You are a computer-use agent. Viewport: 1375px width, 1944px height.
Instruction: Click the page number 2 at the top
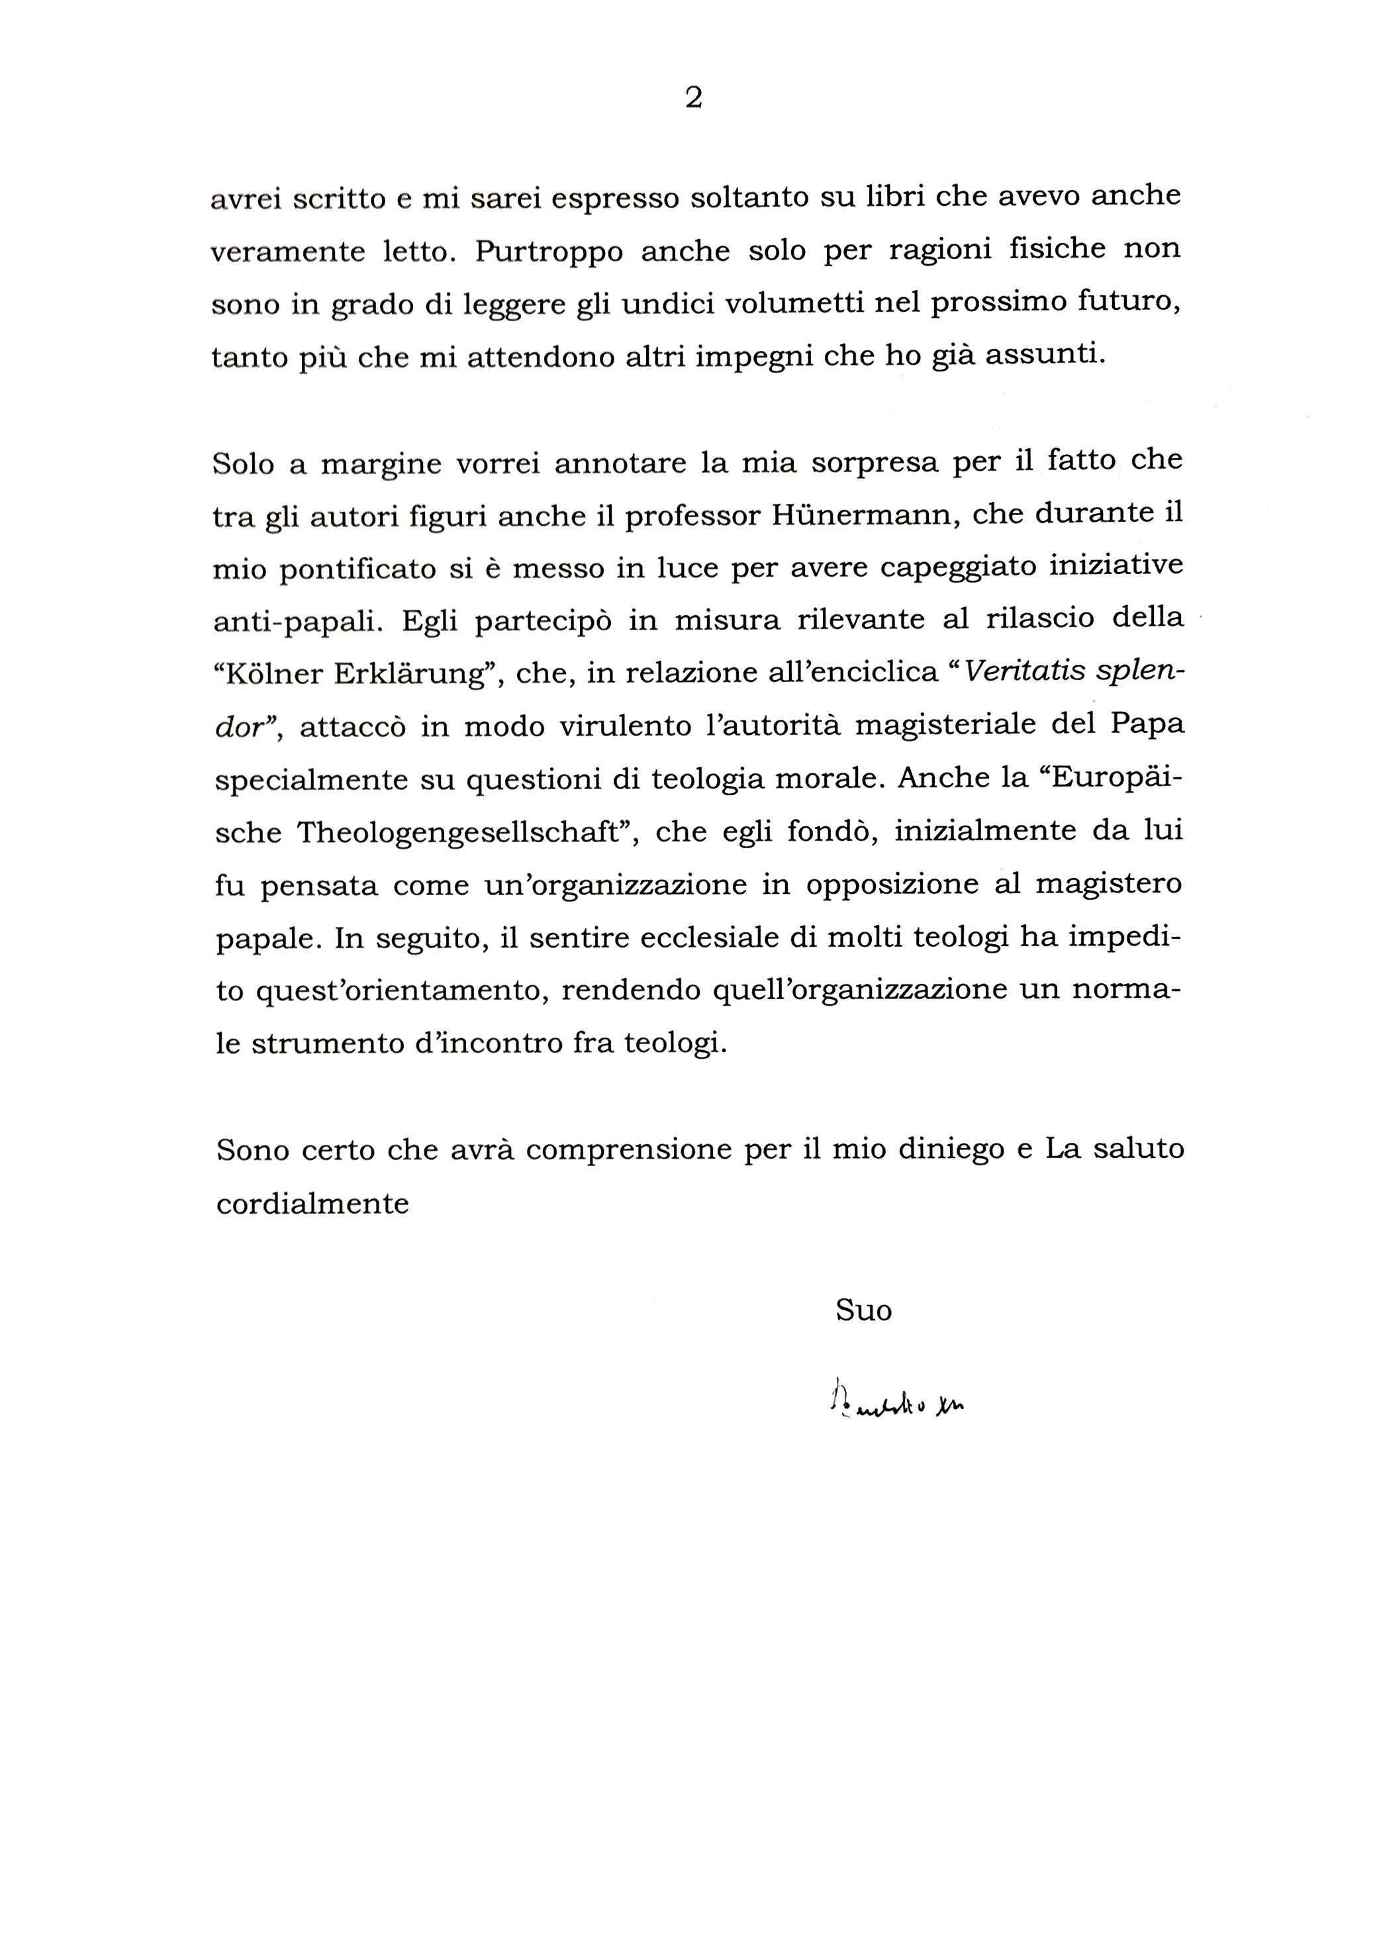click(692, 98)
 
